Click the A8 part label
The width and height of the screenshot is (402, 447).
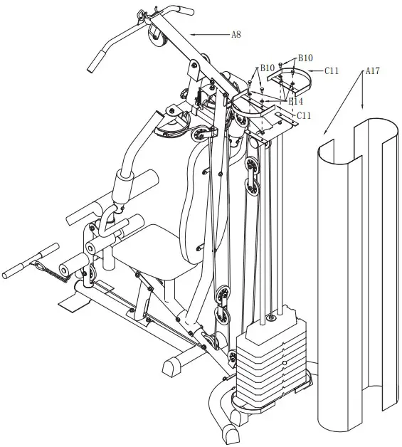236,33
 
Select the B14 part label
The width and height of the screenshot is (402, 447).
295,102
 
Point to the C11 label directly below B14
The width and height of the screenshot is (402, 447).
304,115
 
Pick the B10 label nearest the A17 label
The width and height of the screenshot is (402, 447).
305,58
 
